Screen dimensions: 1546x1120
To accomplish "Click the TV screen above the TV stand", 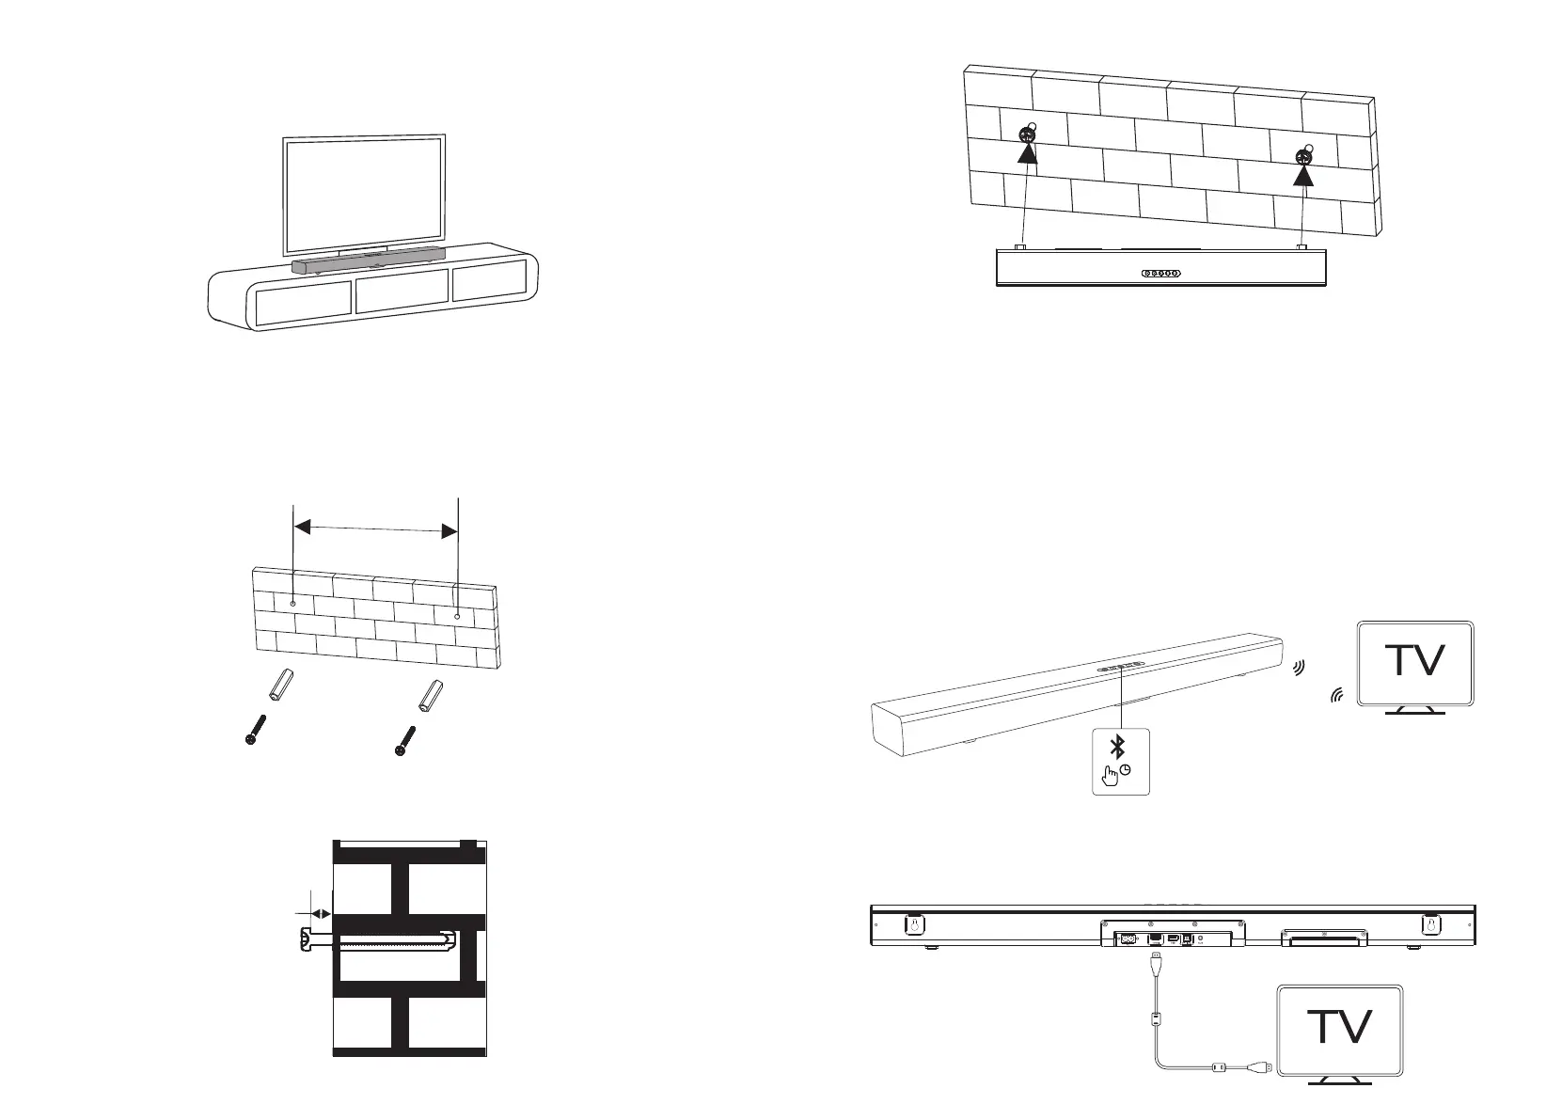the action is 364,196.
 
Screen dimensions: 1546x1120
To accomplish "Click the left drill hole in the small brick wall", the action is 294,602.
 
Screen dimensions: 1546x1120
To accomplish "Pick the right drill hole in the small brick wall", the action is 457,617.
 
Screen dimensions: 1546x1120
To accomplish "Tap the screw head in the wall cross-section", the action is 304,939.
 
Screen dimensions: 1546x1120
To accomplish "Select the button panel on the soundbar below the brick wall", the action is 1160,274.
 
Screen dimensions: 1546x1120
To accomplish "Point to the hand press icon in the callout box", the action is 1112,774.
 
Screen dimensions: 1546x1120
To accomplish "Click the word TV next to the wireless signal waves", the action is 1416,661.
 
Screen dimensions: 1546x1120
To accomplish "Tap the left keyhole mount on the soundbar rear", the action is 911,924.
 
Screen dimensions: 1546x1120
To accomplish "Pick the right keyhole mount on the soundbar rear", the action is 1429,924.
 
